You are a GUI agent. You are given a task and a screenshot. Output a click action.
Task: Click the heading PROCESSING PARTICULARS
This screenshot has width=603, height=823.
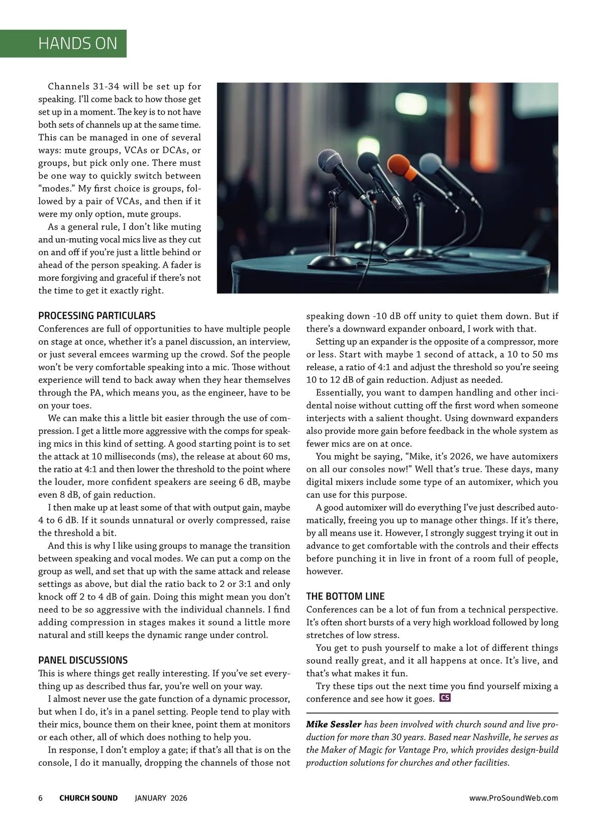click(x=97, y=316)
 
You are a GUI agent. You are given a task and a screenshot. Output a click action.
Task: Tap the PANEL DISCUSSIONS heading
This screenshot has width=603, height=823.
click(x=83, y=660)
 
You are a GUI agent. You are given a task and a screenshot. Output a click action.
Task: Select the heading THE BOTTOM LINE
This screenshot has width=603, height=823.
click(x=345, y=596)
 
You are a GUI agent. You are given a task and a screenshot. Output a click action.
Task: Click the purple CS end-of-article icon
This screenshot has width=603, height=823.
click(x=444, y=698)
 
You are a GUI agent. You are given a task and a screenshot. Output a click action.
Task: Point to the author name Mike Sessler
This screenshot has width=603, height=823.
click(x=334, y=725)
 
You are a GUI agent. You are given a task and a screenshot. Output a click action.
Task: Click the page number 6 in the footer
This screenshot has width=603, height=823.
click(x=41, y=798)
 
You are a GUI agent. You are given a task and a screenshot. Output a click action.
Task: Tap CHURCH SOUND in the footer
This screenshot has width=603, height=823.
click(x=88, y=798)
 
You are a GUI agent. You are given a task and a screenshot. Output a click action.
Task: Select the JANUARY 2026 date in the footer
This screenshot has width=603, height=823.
click(x=161, y=798)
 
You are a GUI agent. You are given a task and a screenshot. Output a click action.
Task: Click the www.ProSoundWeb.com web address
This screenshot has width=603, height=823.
click(x=514, y=798)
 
